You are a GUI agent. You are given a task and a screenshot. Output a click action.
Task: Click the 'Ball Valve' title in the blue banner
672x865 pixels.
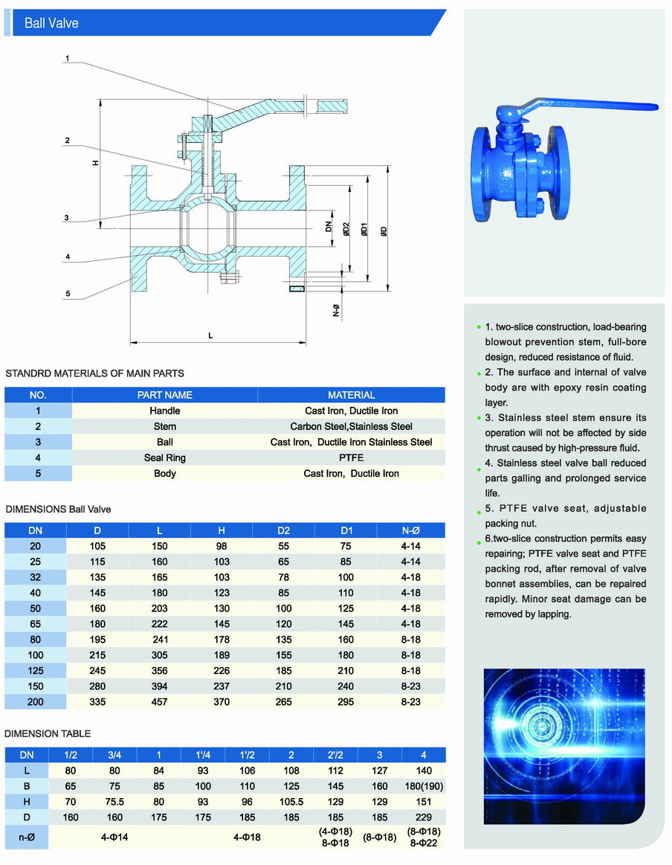coord(51,23)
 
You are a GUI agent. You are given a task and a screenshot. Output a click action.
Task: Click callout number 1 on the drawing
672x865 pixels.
coord(67,58)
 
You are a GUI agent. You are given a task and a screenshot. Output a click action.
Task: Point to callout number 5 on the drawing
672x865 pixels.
coord(67,293)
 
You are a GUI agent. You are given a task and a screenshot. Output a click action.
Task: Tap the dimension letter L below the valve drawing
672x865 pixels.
coord(210,335)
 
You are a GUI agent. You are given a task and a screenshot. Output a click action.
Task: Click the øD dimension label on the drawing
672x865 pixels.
coord(384,231)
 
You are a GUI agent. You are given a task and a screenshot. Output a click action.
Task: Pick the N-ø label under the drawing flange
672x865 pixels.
coord(336,311)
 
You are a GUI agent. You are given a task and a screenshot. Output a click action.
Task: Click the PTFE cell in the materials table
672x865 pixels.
coord(351,457)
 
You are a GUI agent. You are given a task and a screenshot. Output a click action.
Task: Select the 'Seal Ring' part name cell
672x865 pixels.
coord(164,457)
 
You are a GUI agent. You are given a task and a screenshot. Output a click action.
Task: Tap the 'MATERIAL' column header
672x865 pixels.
coord(351,395)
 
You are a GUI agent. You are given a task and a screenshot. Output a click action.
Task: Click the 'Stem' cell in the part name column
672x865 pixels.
coord(164,426)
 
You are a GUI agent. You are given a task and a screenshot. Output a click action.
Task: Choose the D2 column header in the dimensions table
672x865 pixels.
coord(283,530)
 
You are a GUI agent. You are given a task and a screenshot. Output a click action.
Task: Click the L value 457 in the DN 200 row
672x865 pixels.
coord(159,701)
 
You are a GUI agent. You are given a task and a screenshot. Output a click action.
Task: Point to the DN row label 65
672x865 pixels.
coord(36,623)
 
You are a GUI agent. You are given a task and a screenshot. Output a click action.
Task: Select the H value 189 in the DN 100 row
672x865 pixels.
coord(222,655)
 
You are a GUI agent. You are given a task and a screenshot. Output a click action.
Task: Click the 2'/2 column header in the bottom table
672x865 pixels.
coord(334,755)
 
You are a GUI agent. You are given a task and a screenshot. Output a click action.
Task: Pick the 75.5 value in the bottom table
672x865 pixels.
coord(114,802)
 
